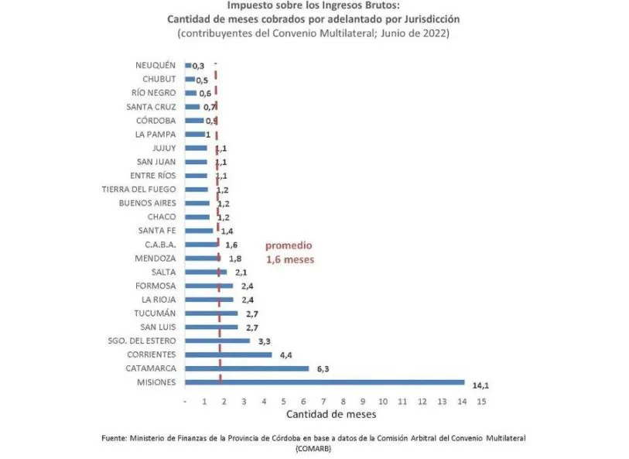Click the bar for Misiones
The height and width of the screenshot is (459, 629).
[x=325, y=382]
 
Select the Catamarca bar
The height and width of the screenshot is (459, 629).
[x=247, y=368]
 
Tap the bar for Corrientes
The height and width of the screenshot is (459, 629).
[x=228, y=355]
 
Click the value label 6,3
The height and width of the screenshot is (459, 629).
[x=321, y=369]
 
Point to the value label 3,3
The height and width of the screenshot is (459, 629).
[x=262, y=341]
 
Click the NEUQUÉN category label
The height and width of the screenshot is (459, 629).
[x=156, y=65]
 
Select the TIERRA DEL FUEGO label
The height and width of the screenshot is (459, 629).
[x=139, y=189]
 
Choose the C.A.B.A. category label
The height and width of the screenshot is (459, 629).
[x=160, y=245]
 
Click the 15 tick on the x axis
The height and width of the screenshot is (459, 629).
[x=481, y=401]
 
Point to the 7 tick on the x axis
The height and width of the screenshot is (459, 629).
[x=323, y=401]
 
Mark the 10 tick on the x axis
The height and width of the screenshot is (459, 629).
[x=382, y=401]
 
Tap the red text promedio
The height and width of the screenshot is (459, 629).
[x=289, y=245]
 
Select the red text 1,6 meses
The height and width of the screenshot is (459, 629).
[x=290, y=259]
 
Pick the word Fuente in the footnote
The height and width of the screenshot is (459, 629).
[x=115, y=438]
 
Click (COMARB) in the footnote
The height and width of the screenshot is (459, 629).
[x=315, y=448]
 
